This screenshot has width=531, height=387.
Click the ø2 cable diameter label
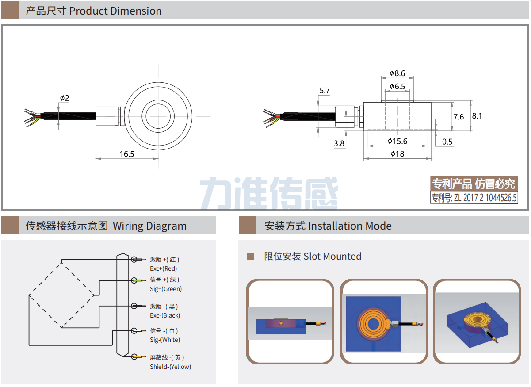tap(65, 98)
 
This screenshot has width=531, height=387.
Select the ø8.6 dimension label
tap(397, 73)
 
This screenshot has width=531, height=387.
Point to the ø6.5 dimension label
tap(397, 87)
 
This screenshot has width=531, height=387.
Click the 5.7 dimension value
tap(325, 91)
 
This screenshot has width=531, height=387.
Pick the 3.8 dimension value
tap(339, 143)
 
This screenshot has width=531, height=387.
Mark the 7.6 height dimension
tap(459, 117)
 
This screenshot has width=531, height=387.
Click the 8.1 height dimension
tap(477, 116)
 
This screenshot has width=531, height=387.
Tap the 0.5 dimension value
tap(447, 142)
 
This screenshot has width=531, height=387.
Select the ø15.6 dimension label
tap(397, 141)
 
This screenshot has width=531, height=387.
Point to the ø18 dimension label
tap(397, 153)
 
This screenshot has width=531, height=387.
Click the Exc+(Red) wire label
tap(163, 268)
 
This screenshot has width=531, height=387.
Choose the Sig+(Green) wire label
tap(166, 289)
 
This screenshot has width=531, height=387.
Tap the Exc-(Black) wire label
tap(165, 315)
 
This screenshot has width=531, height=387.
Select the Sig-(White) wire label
tap(165, 340)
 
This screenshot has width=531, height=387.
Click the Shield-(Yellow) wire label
tap(170, 367)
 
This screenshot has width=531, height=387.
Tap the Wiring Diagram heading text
tap(149, 226)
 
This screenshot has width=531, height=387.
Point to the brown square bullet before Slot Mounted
tap(251, 256)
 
